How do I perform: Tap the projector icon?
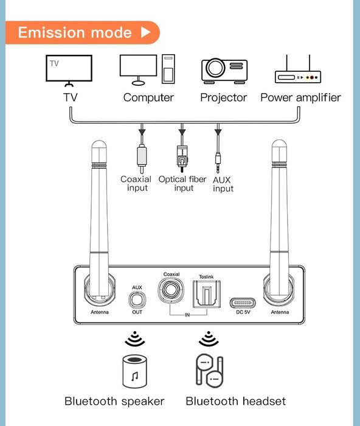tap(224, 71)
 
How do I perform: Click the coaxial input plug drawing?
tap(141, 156)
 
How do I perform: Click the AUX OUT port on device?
tap(137, 301)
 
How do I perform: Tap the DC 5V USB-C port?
tap(243, 302)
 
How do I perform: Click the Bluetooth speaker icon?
tap(134, 372)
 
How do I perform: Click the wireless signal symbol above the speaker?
tap(132, 338)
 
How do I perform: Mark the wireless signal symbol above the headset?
tap(208, 338)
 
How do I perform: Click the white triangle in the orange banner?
tap(145, 33)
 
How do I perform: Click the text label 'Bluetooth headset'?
tap(235, 401)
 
